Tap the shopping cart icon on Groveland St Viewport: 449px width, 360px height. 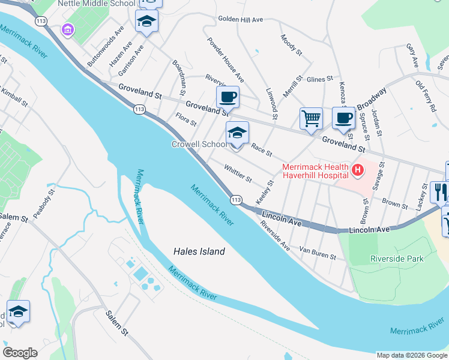pos(311,118)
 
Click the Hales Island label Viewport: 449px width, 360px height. pos(199,252)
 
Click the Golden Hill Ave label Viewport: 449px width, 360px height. pos(241,20)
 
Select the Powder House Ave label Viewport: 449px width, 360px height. pos(225,60)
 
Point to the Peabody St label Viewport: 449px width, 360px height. pos(44,203)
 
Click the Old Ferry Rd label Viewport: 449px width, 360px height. pos(425,97)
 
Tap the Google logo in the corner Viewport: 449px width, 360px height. pos(20,353)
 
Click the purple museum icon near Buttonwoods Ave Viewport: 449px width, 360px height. pos(68,29)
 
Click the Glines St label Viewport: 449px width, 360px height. pos(319,79)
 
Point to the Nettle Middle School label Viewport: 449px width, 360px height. pos(97,4)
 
